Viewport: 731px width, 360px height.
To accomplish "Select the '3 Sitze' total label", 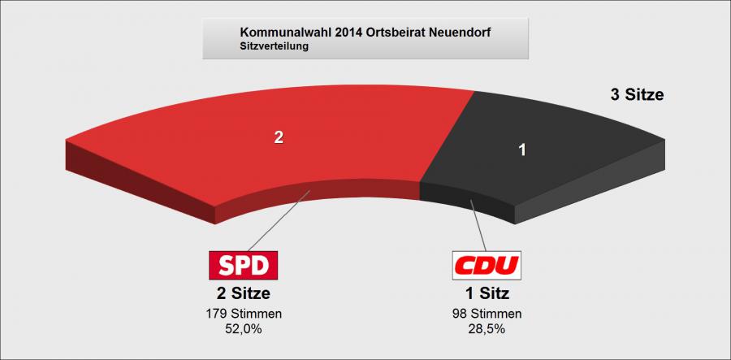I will pos(637,95).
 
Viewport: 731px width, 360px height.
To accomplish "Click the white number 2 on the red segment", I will pos(278,137).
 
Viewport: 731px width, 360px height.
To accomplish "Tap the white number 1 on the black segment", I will pos(522,150).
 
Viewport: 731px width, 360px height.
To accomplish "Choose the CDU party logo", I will pos(487,265).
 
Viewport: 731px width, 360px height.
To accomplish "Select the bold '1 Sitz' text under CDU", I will pos(487,293).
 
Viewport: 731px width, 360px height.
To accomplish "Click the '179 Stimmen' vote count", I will pos(244,314).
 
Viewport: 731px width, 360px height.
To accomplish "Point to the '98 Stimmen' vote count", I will pos(487,314).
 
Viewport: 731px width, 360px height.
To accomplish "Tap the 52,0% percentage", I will pos(244,328).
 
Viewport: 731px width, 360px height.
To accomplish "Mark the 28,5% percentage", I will pos(487,328).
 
